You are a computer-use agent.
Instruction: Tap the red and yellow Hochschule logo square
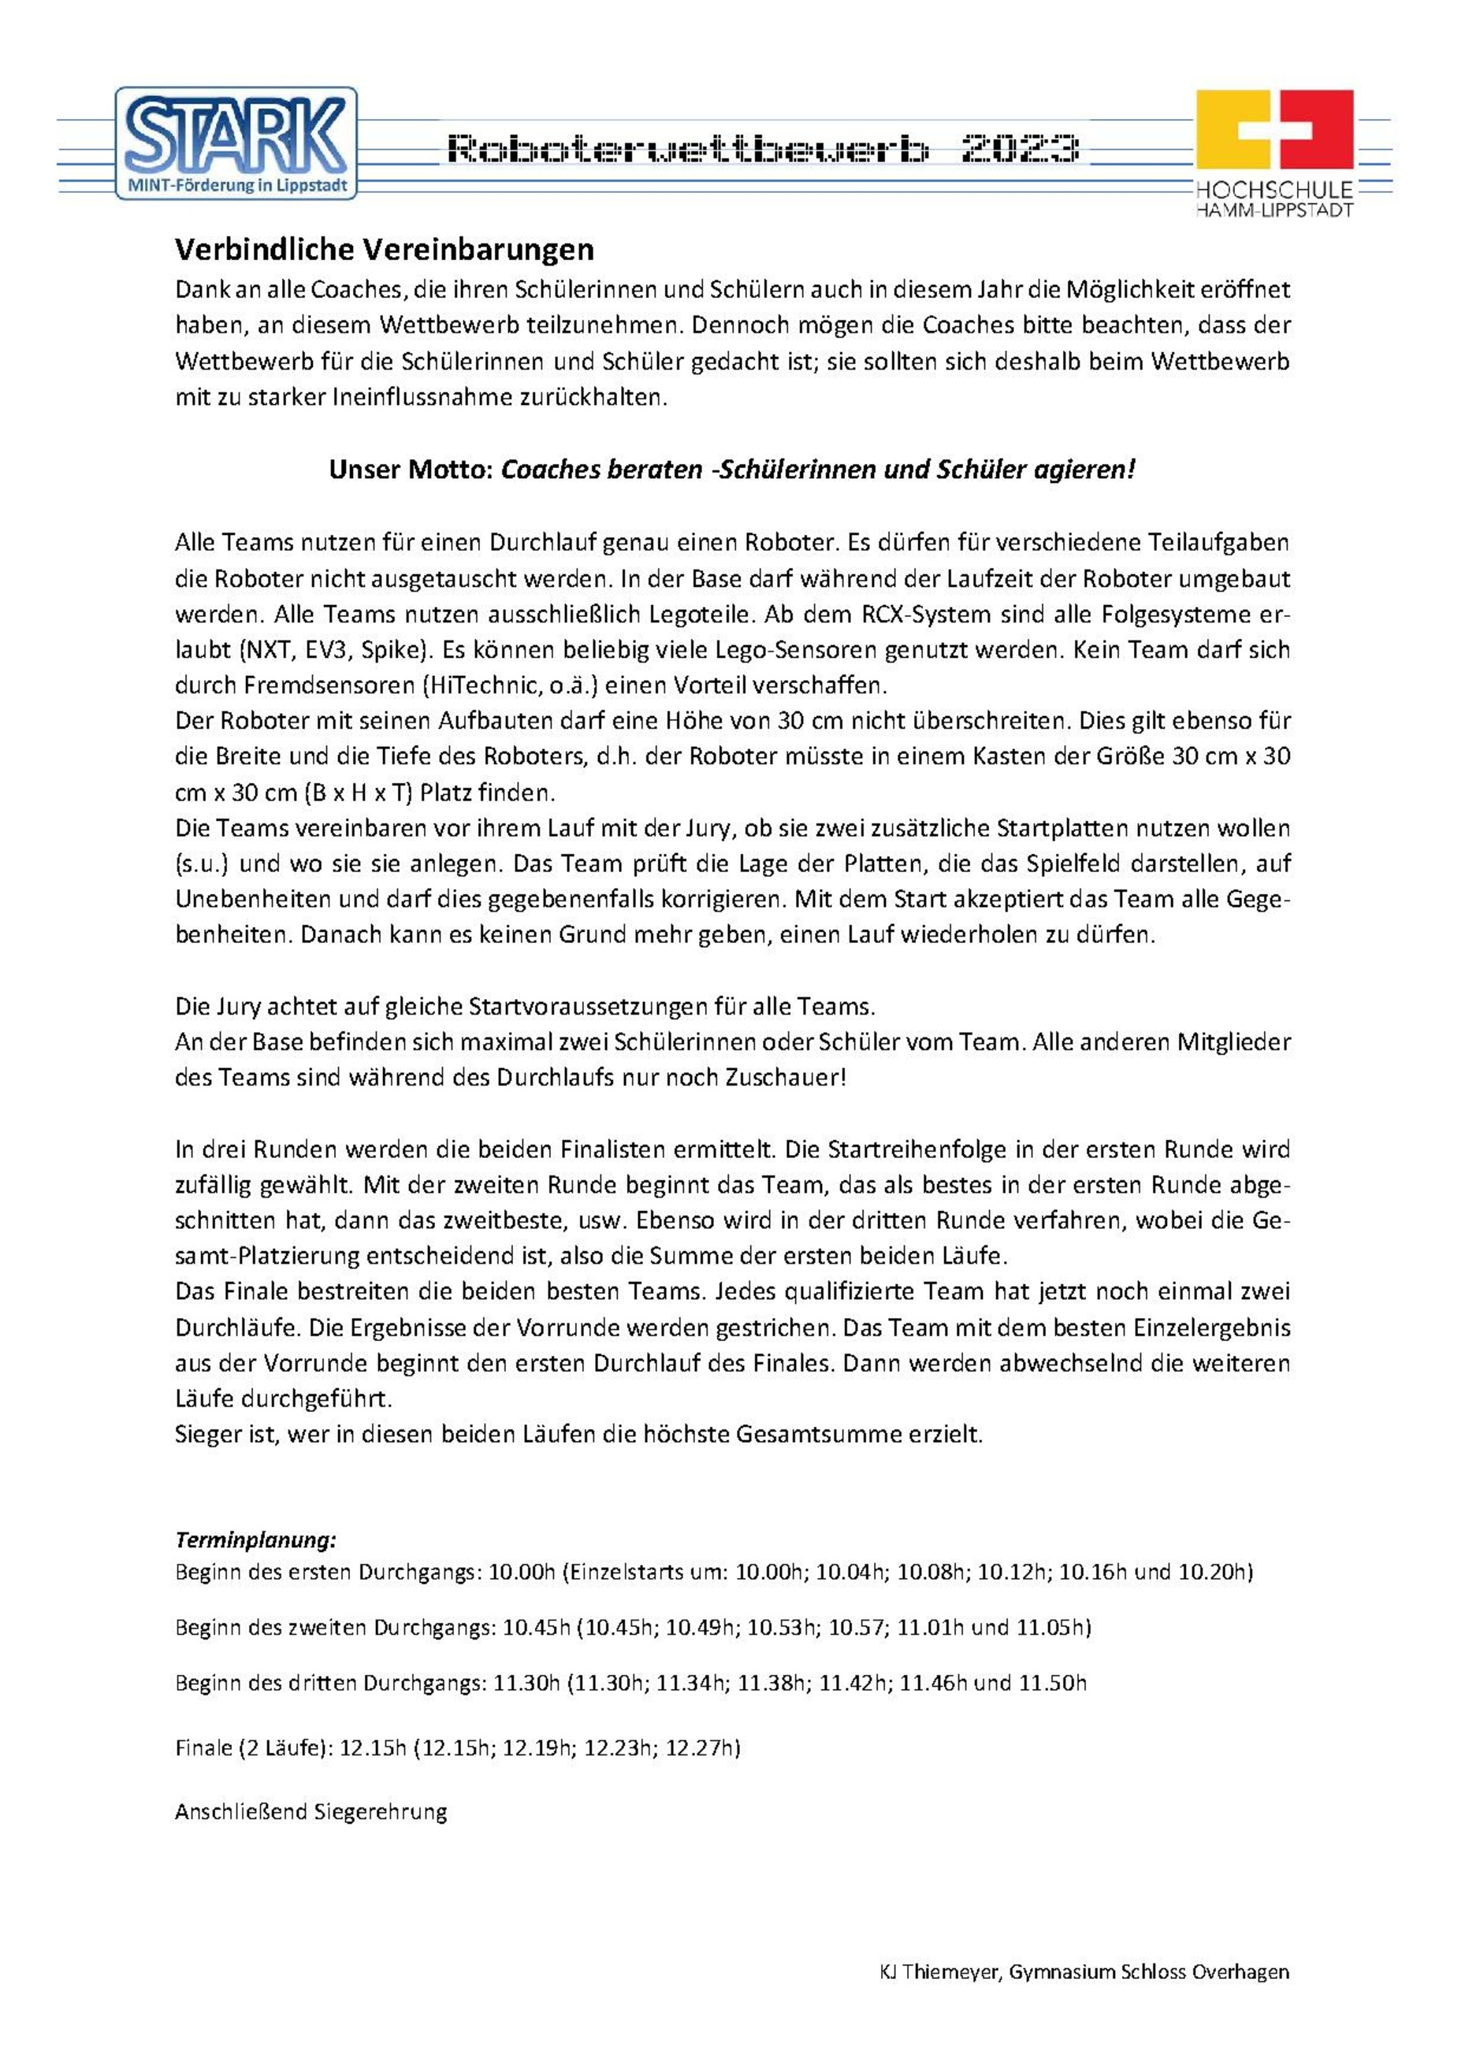tap(1274, 128)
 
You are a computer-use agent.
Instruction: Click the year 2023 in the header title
tap(1019, 149)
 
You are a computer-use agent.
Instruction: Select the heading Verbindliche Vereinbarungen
tap(384, 249)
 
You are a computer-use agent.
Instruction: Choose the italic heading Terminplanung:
tap(255, 1539)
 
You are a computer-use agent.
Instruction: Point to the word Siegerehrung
tap(379, 1811)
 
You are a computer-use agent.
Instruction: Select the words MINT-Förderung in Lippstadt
tap(235, 187)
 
